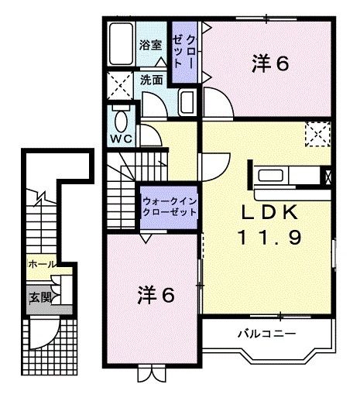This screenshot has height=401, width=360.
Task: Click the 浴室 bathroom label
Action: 150,46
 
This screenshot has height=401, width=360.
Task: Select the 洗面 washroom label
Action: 152,79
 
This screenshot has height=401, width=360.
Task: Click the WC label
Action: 120,139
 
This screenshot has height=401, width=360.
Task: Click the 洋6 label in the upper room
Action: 270,63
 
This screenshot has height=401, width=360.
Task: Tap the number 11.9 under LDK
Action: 273,238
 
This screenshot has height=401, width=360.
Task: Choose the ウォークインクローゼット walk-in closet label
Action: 170,206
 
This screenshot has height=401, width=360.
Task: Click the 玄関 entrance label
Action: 39,296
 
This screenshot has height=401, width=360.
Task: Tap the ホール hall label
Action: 40,264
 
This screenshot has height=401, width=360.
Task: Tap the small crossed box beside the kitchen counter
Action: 331,175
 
